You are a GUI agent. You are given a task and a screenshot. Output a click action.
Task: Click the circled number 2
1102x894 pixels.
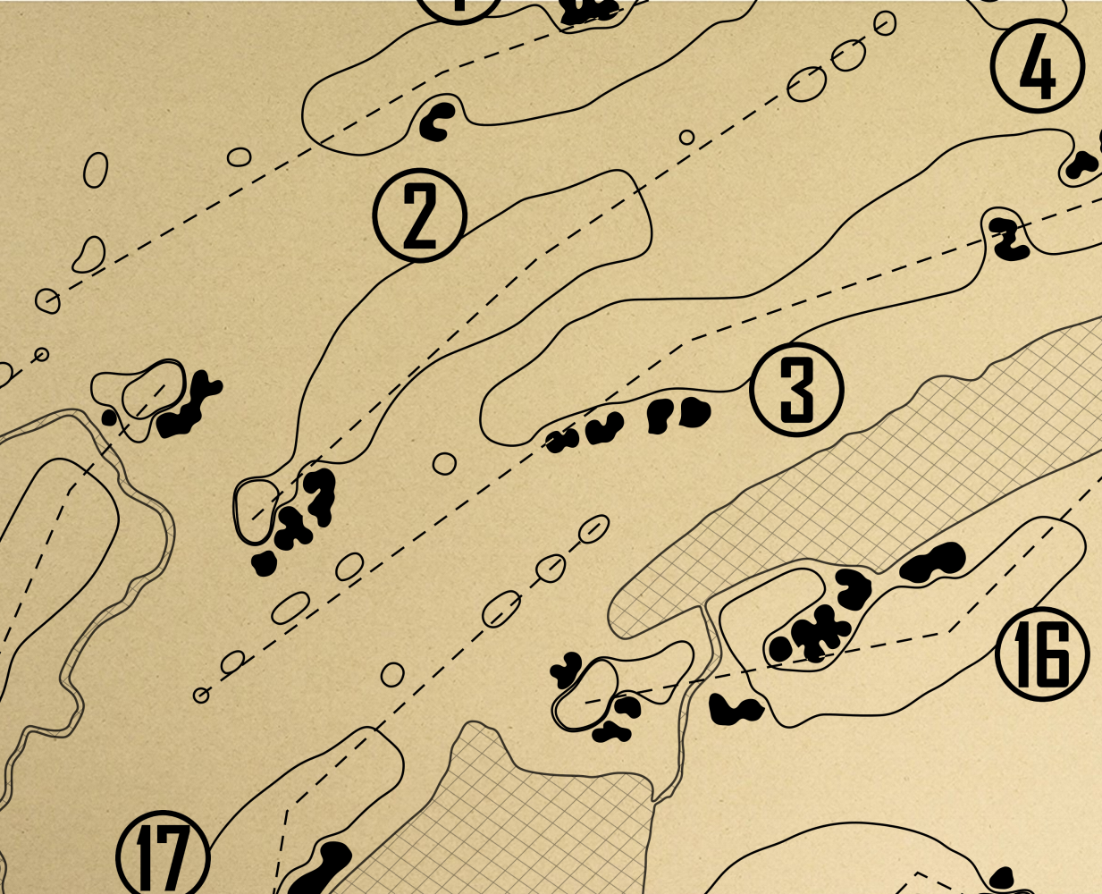tap(420, 215)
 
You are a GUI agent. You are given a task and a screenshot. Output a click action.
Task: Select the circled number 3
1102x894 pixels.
tap(797, 389)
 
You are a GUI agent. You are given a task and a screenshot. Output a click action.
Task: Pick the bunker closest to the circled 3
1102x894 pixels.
tap(693, 412)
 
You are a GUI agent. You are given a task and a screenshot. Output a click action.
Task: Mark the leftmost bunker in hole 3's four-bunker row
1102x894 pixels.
tap(560, 440)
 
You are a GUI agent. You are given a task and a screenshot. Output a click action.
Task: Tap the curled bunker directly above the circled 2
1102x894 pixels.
tap(438, 121)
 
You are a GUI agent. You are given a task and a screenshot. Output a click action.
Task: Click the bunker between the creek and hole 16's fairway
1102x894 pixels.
tap(736, 710)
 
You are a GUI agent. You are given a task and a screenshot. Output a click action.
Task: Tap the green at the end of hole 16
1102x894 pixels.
tap(586, 690)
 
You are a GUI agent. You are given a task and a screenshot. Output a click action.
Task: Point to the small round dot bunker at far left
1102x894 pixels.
tap(109, 417)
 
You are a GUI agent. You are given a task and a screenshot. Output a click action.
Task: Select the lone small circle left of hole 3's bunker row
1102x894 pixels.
tap(444, 463)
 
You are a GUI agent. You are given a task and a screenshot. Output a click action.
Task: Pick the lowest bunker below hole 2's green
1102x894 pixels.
tap(263, 563)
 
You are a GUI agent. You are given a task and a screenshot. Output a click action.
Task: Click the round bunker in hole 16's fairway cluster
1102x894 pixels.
tap(780, 648)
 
